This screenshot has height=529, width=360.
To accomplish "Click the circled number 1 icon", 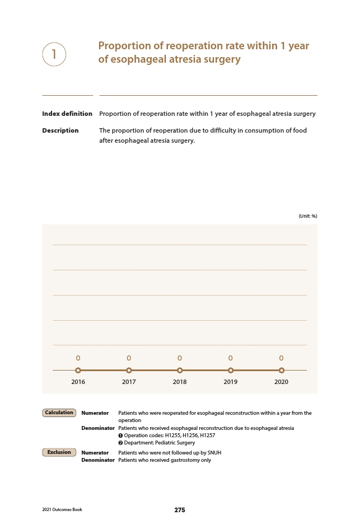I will [54, 54].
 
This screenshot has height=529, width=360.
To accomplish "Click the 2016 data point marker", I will [78, 370].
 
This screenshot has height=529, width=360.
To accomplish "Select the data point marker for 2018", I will [180, 370].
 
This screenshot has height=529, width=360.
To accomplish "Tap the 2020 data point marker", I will [281, 370].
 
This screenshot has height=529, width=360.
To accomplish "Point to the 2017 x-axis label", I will [129, 382].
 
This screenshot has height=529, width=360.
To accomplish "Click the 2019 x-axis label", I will [230, 382].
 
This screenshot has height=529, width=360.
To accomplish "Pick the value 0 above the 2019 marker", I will [230, 358].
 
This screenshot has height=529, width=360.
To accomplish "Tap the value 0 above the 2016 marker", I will [78, 358].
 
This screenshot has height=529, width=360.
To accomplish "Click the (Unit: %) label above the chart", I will [308, 216].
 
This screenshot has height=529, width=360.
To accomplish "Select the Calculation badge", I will [59, 413].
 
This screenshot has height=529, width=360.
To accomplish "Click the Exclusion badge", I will [59, 452].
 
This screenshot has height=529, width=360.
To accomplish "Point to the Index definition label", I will [67, 114].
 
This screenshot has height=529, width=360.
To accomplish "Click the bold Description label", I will [60, 130].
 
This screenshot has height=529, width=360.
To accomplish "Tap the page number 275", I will [180, 510].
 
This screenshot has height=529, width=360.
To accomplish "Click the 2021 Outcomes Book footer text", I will [62, 510].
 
